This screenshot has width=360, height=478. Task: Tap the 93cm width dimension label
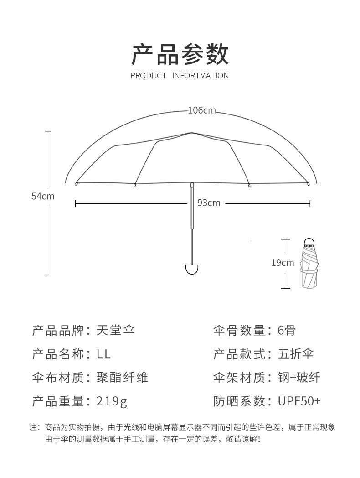coord(209,203)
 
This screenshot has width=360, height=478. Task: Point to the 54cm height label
coord(42,196)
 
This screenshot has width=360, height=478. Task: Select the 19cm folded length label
coord(283,263)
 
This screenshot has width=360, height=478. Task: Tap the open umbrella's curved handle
coord(192,268)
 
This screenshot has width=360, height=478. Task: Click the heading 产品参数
coord(180,55)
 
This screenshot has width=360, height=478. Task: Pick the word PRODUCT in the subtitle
coord(149,76)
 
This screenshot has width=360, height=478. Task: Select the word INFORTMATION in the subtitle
coord(201,76)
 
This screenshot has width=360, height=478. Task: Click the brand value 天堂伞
coord(116,330)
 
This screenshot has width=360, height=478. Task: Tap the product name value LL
coord(104,354)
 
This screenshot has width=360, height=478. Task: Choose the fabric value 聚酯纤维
coord(122,378)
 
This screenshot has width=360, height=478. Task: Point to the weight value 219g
coord(112,401)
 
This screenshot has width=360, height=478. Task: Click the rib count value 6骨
coord(287,330)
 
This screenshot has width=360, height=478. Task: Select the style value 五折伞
coord(296,354)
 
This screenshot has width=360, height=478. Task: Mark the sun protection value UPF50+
coord(299,401)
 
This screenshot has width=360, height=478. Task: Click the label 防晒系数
coord(239,401)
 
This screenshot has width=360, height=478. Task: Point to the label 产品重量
coord(58,401)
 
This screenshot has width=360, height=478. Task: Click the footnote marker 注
coord(33,427)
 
